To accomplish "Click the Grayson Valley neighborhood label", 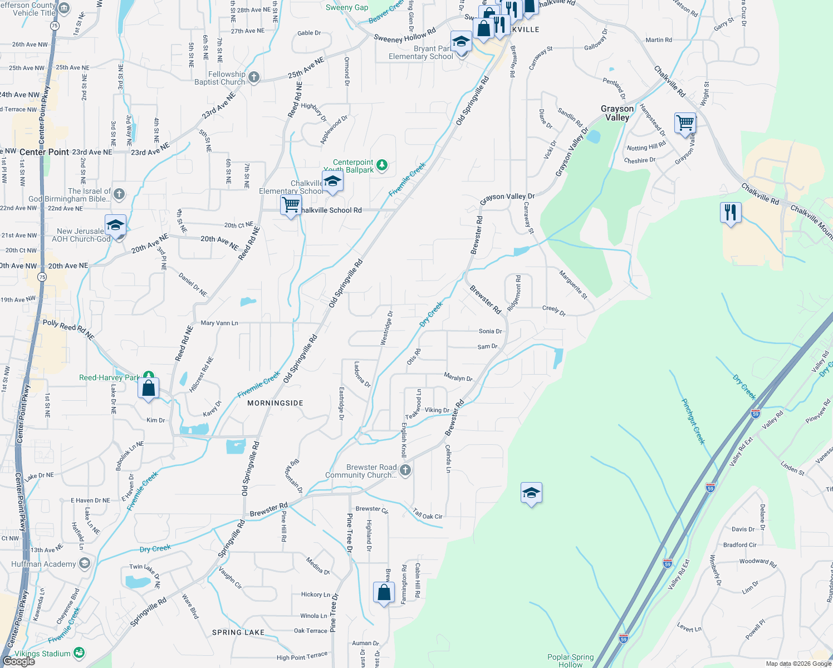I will [617, 113].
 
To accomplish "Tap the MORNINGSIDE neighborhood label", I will [275, 403].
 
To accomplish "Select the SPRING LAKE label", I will [238, 632].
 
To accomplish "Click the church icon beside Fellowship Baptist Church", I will [254, 77].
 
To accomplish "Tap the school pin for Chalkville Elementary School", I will [332, 182].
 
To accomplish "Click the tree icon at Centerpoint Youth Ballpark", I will [381, 165].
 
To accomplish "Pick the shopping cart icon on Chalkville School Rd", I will [291, 205].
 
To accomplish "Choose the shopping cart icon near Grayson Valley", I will [685, 122].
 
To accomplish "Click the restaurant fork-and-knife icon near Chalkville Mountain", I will [730, 213].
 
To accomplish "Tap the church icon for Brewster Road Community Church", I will [405, 470].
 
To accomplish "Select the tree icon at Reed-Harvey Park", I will [148, 377].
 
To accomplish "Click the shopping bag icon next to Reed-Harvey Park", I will [149, 388].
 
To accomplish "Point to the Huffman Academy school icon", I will [84, 564].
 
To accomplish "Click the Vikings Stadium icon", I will [79, 653].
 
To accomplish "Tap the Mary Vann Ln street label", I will [219, 323].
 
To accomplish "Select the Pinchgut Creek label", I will [694, 421].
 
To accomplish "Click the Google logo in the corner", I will [18, 661].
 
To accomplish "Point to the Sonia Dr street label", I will [490, 331].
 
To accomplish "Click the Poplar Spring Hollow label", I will [570, 661].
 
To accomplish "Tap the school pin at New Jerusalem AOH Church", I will [115, 226].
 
